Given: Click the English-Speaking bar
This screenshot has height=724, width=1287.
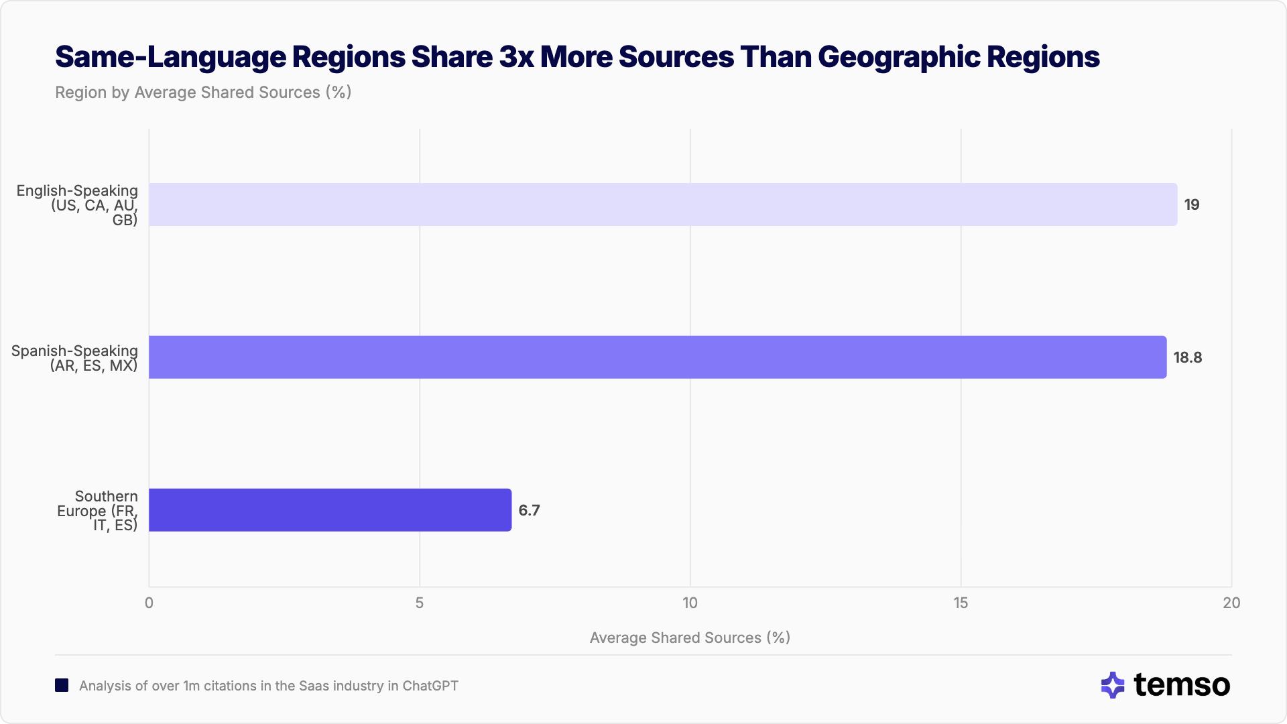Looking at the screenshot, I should coord(662,204).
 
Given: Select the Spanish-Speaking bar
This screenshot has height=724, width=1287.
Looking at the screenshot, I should coord(657,357).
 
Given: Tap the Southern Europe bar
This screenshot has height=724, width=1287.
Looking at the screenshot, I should coord(330,510).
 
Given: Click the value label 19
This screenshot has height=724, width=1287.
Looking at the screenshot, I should coord(1191,205).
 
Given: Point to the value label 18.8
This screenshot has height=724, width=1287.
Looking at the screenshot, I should coord(1187,358).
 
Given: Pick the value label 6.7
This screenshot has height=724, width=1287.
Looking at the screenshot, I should coord(529,511).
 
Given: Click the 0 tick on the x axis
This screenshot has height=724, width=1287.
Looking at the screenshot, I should coord(149,603).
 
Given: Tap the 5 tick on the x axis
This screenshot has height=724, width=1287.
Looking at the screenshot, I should coord(420,603).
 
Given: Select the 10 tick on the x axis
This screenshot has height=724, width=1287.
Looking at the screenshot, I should coord(690,603).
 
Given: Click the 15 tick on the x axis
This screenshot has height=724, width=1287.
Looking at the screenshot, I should coord(961,603).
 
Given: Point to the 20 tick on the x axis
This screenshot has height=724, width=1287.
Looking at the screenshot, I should coord(1231,603).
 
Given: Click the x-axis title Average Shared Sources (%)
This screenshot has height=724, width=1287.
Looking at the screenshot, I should coord(690,638).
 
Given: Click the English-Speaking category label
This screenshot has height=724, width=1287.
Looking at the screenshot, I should coord(78,205).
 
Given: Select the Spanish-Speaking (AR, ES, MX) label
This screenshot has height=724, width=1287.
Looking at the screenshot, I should coord(75,358).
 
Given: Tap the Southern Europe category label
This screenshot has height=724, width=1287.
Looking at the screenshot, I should coord(98,511).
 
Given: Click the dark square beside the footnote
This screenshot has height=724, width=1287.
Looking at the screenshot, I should coord(62,686).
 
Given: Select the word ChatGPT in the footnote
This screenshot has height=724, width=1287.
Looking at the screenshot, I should coord(430,686).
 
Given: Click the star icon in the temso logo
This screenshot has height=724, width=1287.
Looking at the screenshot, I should coord(1113,685).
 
